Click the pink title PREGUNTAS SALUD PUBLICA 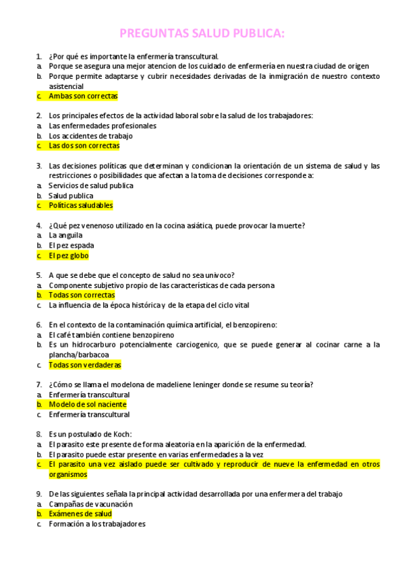[202, 33]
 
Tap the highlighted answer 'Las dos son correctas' [84, 146]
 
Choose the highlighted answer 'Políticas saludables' [81, 205]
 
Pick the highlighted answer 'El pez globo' [69, 256]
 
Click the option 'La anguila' [66, 235]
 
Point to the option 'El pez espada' [71, 246]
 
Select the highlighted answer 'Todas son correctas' [82, 295]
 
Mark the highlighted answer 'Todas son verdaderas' [84, 365]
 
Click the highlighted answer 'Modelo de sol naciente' [88, 405]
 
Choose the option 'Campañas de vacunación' [91, 504]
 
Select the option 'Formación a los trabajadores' [97, 524]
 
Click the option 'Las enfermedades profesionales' [103, 125]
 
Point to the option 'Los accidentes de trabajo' [91, 136]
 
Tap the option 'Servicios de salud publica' [91, 185]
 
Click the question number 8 [38, 434]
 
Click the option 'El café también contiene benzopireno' [111, 335]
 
